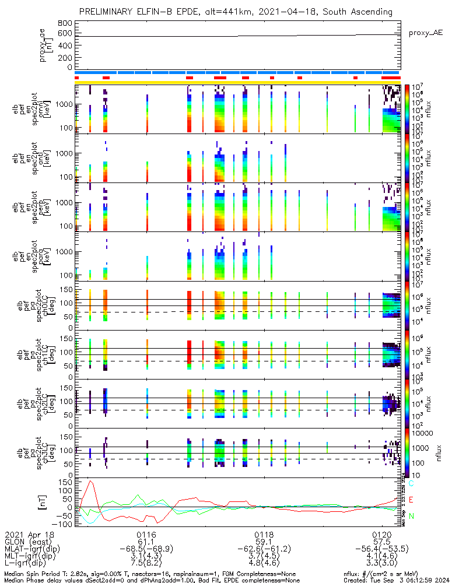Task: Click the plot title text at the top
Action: [x=235, y=12]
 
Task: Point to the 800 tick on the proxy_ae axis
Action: [x=65, y=23]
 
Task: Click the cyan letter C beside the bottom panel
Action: [x=411, y=484]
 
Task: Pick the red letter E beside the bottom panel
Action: [x=411, y=500]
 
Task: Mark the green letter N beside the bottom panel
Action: [x=411, y=516]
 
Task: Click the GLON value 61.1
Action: [x=146, y=542]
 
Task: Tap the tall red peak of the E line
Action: [x=90, y=482]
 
